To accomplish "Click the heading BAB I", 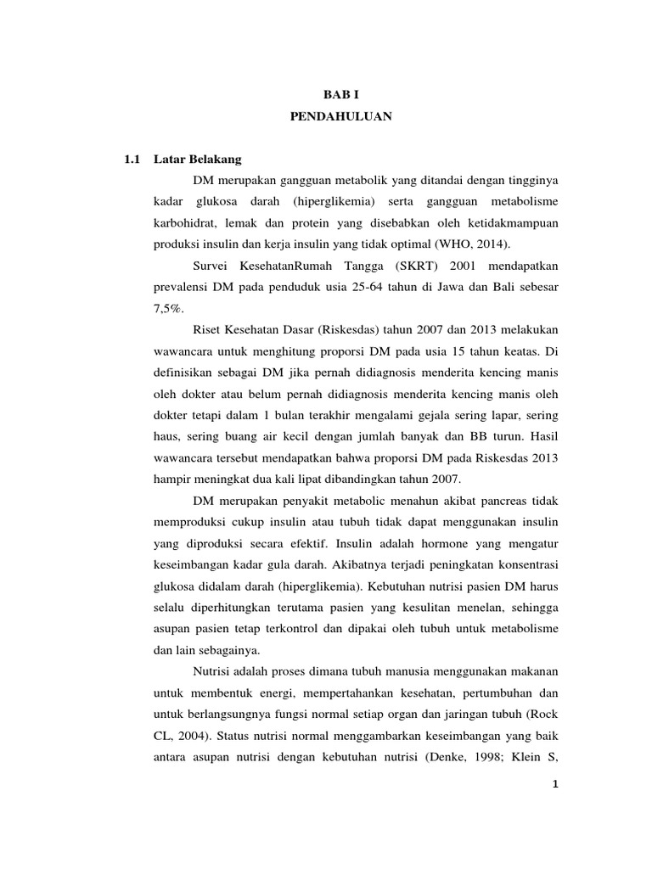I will click(x=338, y=96).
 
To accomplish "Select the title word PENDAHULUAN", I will click(x=338, y=118).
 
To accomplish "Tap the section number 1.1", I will click(x=131, y=159).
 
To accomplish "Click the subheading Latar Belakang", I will click(x=198, y=159).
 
